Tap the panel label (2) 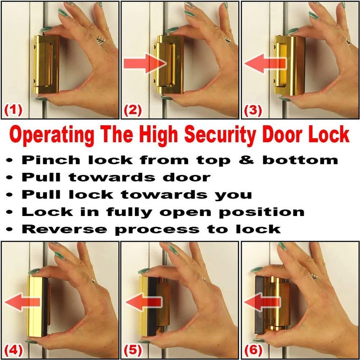click(x=134, y=110)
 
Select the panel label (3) click(x=254, y=110)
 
